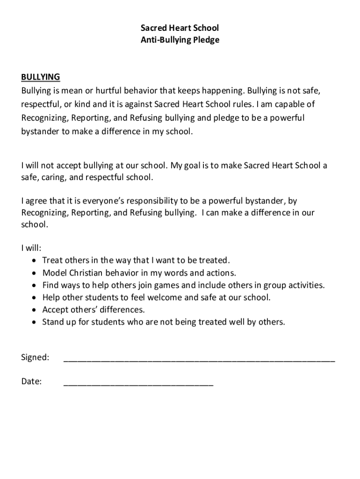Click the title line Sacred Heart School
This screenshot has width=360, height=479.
point(180,29)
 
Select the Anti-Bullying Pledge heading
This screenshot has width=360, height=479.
point(180,40)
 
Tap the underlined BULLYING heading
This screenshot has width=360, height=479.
point(41,77)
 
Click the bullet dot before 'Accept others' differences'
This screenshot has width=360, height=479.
point(35,310)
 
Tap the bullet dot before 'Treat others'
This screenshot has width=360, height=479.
point(35,261)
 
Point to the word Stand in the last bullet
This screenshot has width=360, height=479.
point(52,322)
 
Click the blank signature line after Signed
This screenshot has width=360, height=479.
point(199,360)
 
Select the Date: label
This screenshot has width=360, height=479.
point(32,382)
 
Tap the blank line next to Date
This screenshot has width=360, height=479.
point(138,385)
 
